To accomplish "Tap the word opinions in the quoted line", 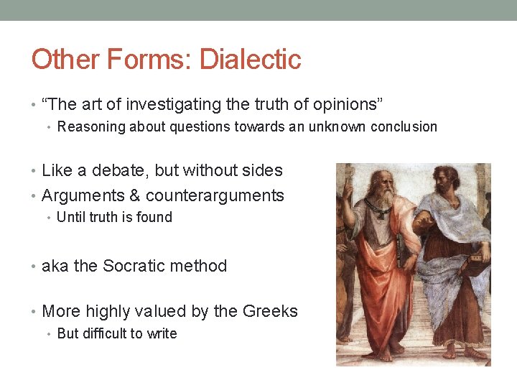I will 336,105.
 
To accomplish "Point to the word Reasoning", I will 88,127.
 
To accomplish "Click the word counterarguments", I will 215,195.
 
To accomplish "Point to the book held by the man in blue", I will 475,269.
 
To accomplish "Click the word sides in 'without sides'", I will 264,171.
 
